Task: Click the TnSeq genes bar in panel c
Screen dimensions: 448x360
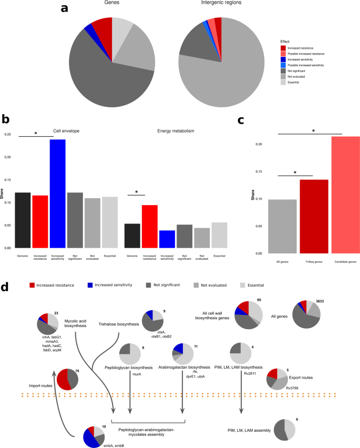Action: point(297,216)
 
